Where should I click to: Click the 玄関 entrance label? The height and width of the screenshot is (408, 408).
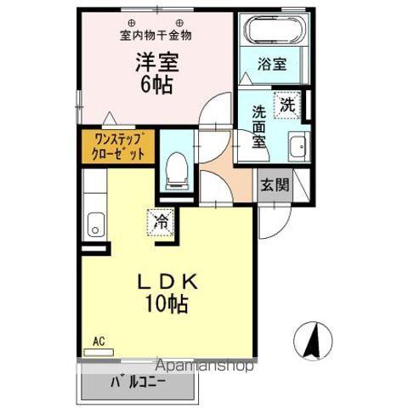coord(274,184)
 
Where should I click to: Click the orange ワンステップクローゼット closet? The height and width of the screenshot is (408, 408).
coord(118,146)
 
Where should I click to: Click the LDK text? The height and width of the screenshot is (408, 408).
coord(167,284)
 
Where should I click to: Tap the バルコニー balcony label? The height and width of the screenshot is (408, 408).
coord(138,382)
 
